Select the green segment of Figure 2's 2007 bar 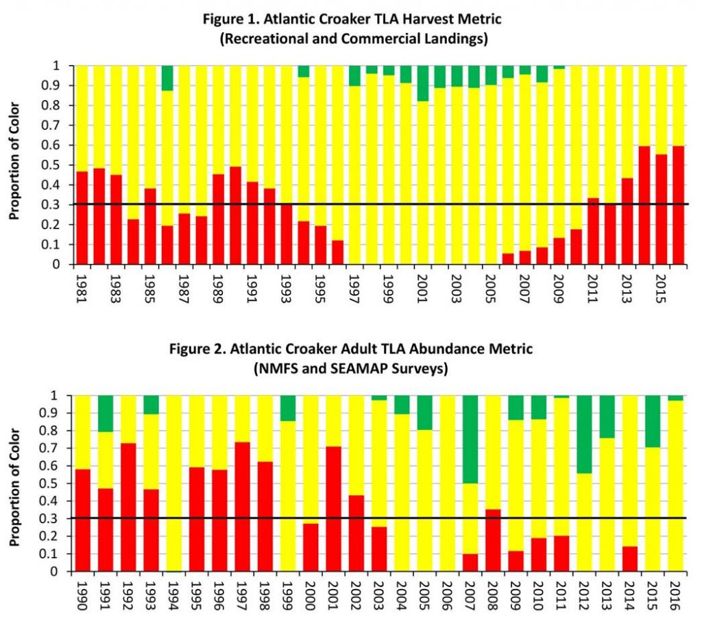click(x=470, y=439)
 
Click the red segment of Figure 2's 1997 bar click(x=241, y=507)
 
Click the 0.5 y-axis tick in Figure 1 click(x=60, y=165)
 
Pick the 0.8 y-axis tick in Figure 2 click(x=60, y=431)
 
